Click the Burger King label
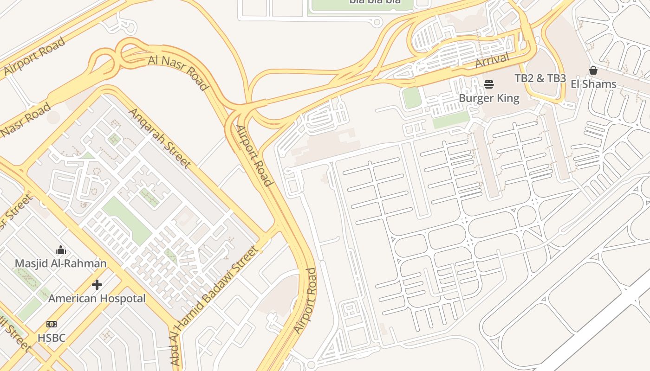(489, 98)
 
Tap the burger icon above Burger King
(488, 84)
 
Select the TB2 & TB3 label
(540, 78)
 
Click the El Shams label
(593, 84)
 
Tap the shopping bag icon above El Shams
(593, 70)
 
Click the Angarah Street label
(159, 138)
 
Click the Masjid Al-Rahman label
(61, 263)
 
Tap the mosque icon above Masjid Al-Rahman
(61, 250)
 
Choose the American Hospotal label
(97, 298)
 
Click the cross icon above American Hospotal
(97, 284)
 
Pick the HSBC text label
(52, 338)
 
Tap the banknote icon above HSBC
(52, 324)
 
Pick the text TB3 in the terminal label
(556, 78)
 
